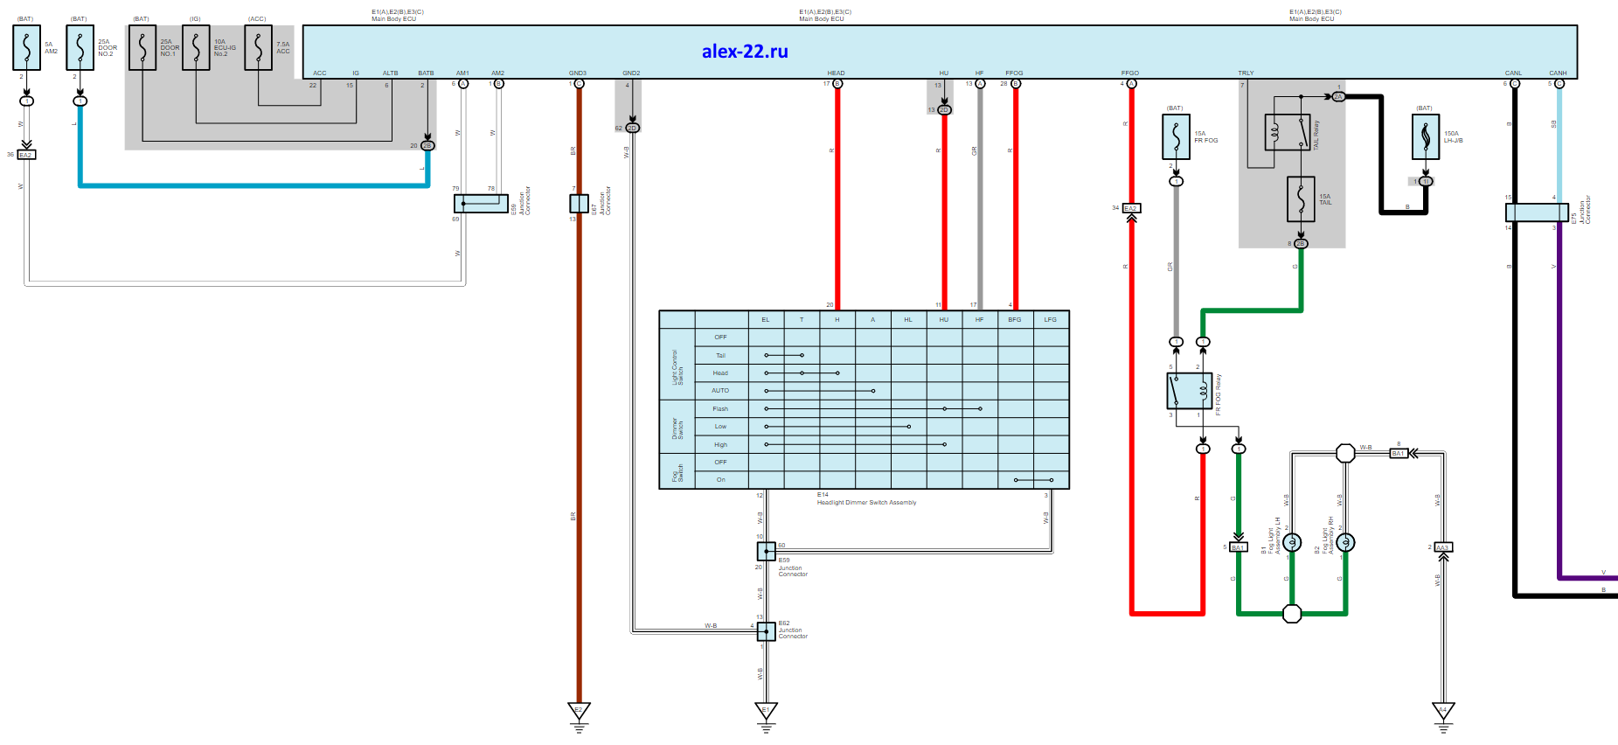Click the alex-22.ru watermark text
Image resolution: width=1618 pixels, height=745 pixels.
point(745,52)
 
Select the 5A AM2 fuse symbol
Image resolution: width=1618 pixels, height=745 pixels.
point(26,47)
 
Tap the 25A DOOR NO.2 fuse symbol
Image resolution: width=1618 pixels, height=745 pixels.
point(80,47)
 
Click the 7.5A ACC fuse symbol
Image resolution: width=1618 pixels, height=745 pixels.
point(258,47)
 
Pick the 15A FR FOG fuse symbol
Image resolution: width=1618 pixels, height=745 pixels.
point(1177,137)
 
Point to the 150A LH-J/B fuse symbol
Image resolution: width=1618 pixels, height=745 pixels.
point(1426,137)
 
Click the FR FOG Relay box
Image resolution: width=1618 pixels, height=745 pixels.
point(1189,391)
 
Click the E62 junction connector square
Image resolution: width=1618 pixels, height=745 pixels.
point(766,631)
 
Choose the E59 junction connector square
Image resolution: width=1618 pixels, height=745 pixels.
point(766,551)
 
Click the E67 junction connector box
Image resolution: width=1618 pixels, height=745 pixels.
point(579,204)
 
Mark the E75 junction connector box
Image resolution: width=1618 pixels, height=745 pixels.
point(1537,212)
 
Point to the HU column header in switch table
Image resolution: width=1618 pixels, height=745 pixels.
point(944,320)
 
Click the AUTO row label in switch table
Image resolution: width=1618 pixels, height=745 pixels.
point(720,391)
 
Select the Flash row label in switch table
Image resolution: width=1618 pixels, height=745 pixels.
point(720,409)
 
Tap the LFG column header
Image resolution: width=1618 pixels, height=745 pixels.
point(1051,320)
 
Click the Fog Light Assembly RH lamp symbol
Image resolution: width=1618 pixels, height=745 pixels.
point(1345,543)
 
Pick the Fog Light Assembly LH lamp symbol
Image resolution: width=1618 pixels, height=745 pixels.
point(1292,543)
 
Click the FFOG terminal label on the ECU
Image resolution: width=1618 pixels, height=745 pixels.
point(1014,73)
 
